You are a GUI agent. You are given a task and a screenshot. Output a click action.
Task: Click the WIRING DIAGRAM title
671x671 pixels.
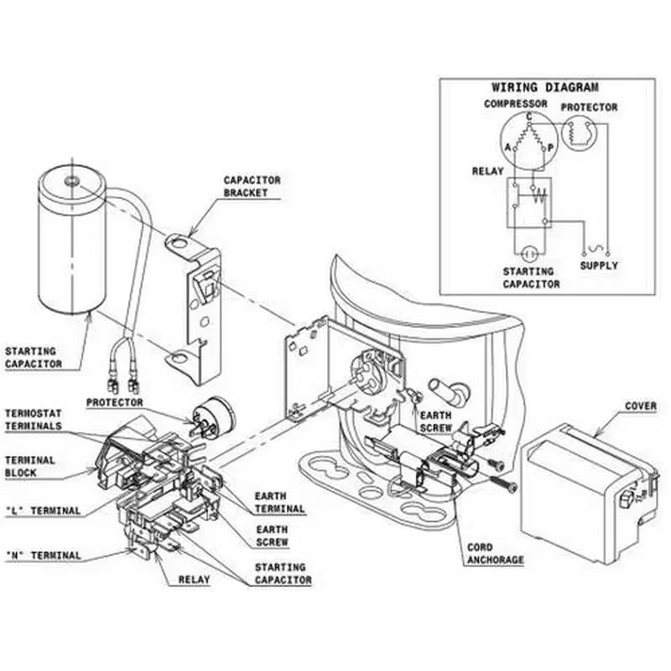(x=544, y=87)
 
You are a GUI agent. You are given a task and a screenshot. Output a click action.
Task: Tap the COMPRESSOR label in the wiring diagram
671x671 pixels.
(x=515, y=104)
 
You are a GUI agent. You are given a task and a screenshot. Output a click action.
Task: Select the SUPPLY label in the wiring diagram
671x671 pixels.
(x=599, y=265)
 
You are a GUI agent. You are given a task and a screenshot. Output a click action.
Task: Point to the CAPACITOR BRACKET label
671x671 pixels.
(x=252, y=186)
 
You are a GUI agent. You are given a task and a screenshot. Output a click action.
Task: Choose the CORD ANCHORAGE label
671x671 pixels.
(x=494, y=554)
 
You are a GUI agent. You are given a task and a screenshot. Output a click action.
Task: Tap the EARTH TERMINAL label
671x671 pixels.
(x=281, y=503)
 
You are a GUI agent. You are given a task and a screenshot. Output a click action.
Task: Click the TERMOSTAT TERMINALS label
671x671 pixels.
(x=34, y=419)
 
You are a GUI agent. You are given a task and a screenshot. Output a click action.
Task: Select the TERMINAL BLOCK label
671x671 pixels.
(x=30, y=466)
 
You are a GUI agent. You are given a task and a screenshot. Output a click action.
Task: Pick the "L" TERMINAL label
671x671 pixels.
(x=43, y=511)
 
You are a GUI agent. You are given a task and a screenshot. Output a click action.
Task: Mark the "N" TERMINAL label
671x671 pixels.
(x=43, y=555)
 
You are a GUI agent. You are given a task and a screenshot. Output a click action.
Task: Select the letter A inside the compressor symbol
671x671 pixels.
(x=507, y=148)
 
